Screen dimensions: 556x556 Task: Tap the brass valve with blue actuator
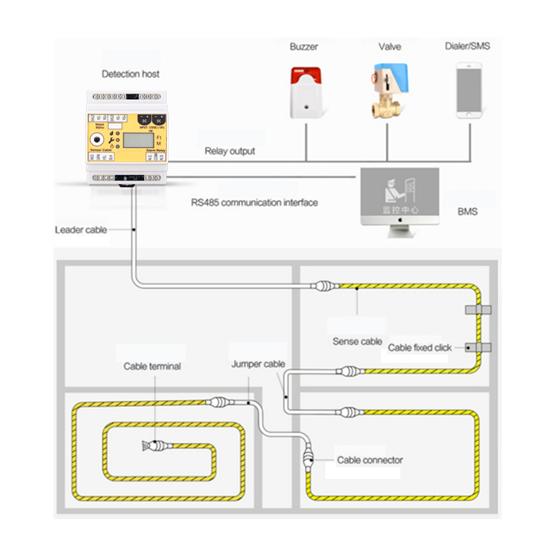tap(389, 90)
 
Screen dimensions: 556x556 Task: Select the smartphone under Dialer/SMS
tap(469, 90)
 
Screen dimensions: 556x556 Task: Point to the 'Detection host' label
tap(131, 74)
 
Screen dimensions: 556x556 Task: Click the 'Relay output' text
tap(229, 151)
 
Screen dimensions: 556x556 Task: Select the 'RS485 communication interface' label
tap(254, 203)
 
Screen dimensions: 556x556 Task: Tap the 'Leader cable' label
tap(81, 229)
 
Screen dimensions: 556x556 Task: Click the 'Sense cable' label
tap(357, 341)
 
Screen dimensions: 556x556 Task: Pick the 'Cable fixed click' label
tap(420, 347)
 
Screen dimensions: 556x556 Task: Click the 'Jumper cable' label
tap(258, 364)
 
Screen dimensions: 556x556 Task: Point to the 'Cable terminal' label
tap(152, 366)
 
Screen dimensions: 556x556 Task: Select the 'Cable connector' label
tap(370, 460)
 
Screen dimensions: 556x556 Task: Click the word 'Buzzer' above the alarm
tap(304, 47)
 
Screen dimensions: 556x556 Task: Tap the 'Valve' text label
tap(389, 47)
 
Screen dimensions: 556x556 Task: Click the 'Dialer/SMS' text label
tap(467, 47)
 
